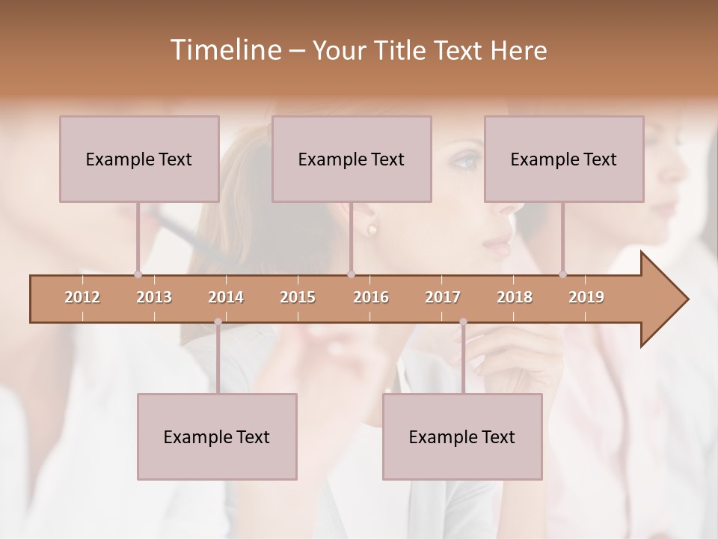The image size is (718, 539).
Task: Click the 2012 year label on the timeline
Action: coord(82,297)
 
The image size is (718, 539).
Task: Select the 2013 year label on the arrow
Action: coord(154,297)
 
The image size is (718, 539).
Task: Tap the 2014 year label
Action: coord(226,297)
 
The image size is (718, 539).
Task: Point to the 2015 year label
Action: coord(298,297)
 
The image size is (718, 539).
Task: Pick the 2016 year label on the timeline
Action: coord(371,297)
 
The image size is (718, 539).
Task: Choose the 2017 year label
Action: coord(443,297)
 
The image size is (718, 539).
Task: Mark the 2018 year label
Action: coord(515,297)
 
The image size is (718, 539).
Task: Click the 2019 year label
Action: coord(586,297)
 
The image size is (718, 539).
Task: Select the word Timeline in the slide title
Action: coord(224,50)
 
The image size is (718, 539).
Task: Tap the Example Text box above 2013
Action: coord(139,159)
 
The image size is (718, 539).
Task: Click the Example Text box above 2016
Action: coord(352,159)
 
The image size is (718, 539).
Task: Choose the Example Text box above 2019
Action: coord(564,159)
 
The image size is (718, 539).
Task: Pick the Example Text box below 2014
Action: coord(217,436)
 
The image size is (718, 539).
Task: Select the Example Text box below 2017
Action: coord(462,436)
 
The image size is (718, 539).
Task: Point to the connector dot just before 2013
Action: coord(138,274)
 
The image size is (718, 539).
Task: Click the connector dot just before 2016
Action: coord(351,274)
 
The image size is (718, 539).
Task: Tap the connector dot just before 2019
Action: coord(563,274)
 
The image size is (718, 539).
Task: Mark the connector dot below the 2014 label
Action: coord(218,322)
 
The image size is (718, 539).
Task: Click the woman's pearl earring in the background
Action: coord(372,229)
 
